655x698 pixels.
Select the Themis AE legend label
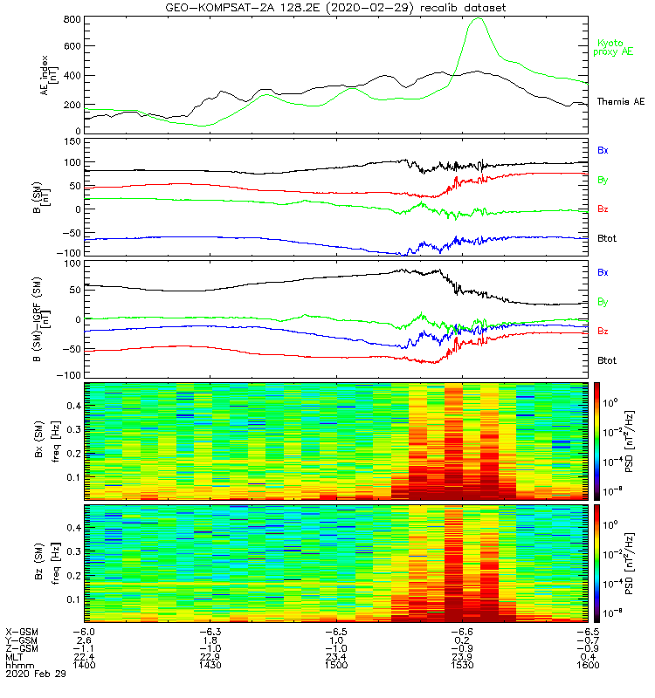pyautogui.click(x=620, y=102)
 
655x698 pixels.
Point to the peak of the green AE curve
pyautogui.click(x=478, y=18)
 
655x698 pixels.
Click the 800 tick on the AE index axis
pyautogui.click(x=73, y=19)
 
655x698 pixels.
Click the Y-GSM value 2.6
pyautogui.click(x=85, y=639)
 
